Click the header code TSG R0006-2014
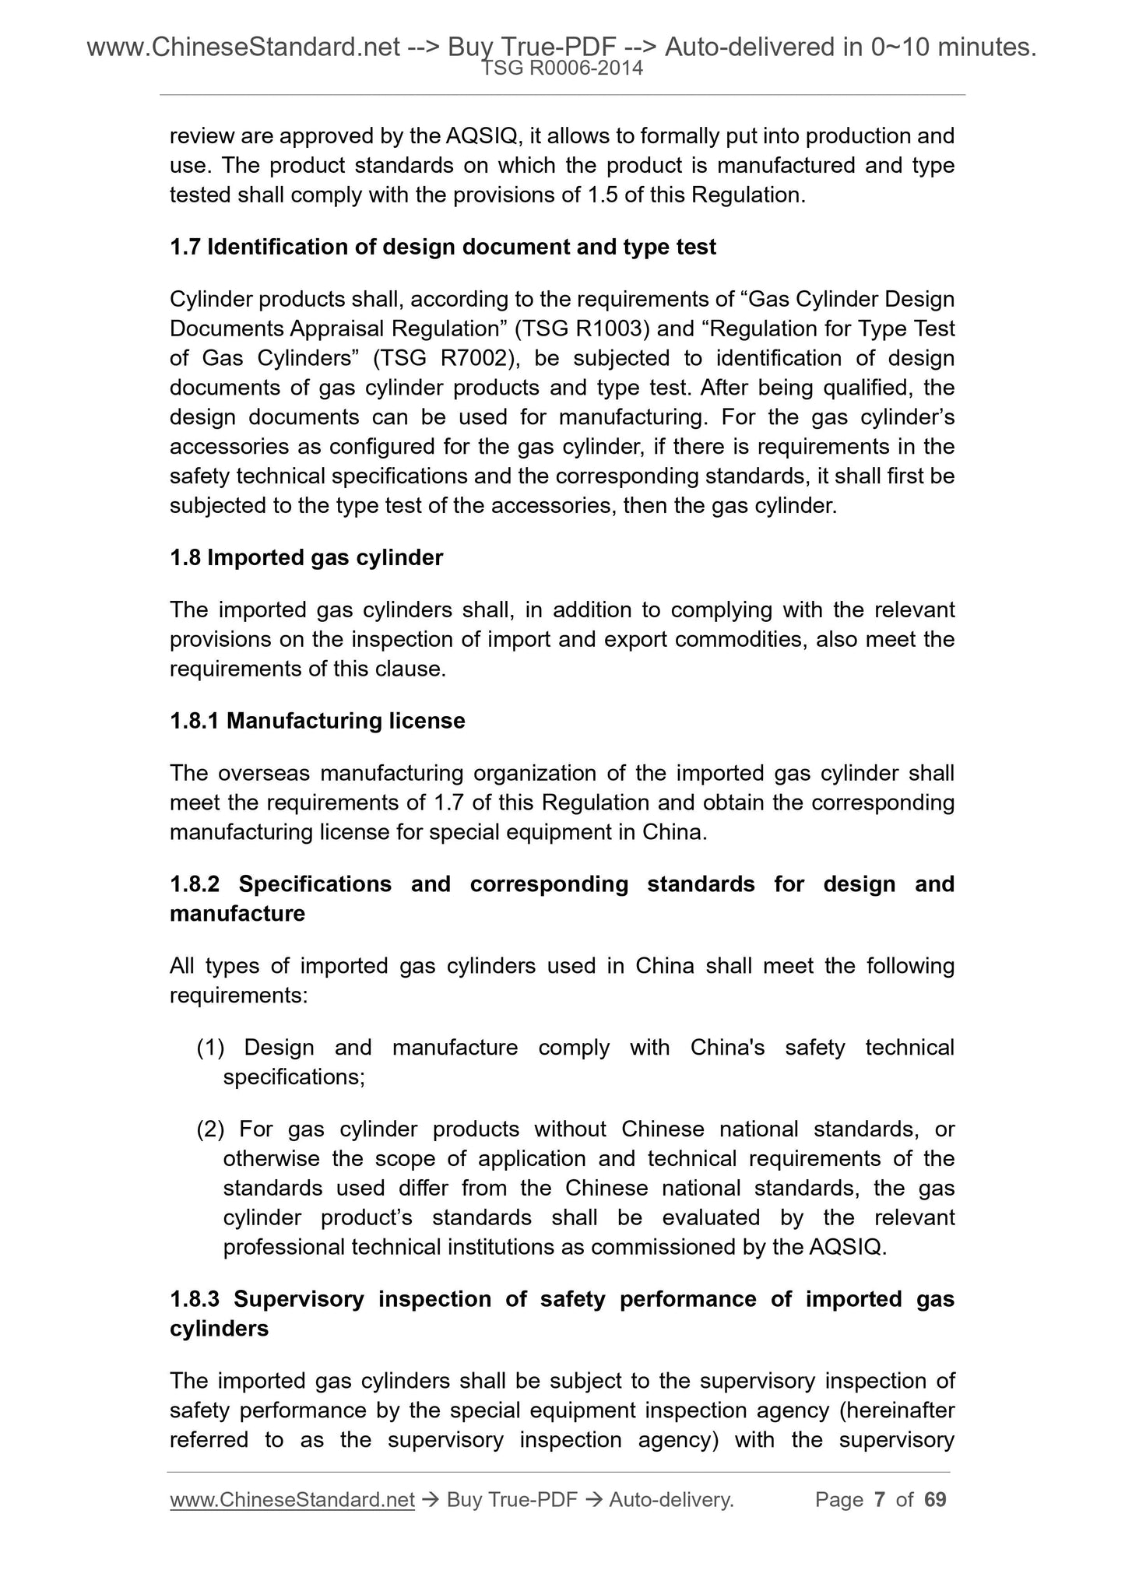coord(562,68)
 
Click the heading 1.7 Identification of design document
coord(442,247)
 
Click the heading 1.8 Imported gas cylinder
coord(306,557)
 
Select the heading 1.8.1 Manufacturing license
coord(317,721)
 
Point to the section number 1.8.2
coord(195,884)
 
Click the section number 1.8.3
coord(195,1299)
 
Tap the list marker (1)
coord(210,1048)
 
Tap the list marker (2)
coord(210,1129)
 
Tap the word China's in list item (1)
coord(726,1048)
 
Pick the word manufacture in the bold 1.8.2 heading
coord(237,914)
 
